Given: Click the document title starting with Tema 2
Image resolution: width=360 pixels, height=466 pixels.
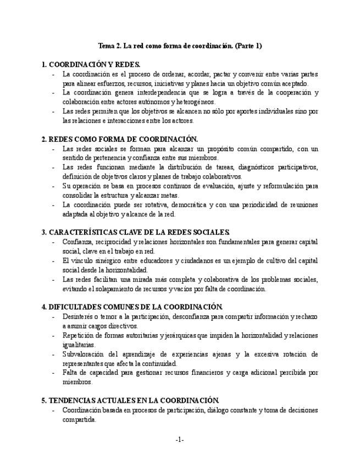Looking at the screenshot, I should [179, 46].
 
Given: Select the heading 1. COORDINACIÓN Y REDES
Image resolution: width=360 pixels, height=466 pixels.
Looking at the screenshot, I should [91, 64].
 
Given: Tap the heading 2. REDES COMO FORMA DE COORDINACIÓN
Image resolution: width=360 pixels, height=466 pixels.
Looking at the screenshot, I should [120, 139].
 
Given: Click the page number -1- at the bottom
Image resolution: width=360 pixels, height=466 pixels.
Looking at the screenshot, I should [179, 440].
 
